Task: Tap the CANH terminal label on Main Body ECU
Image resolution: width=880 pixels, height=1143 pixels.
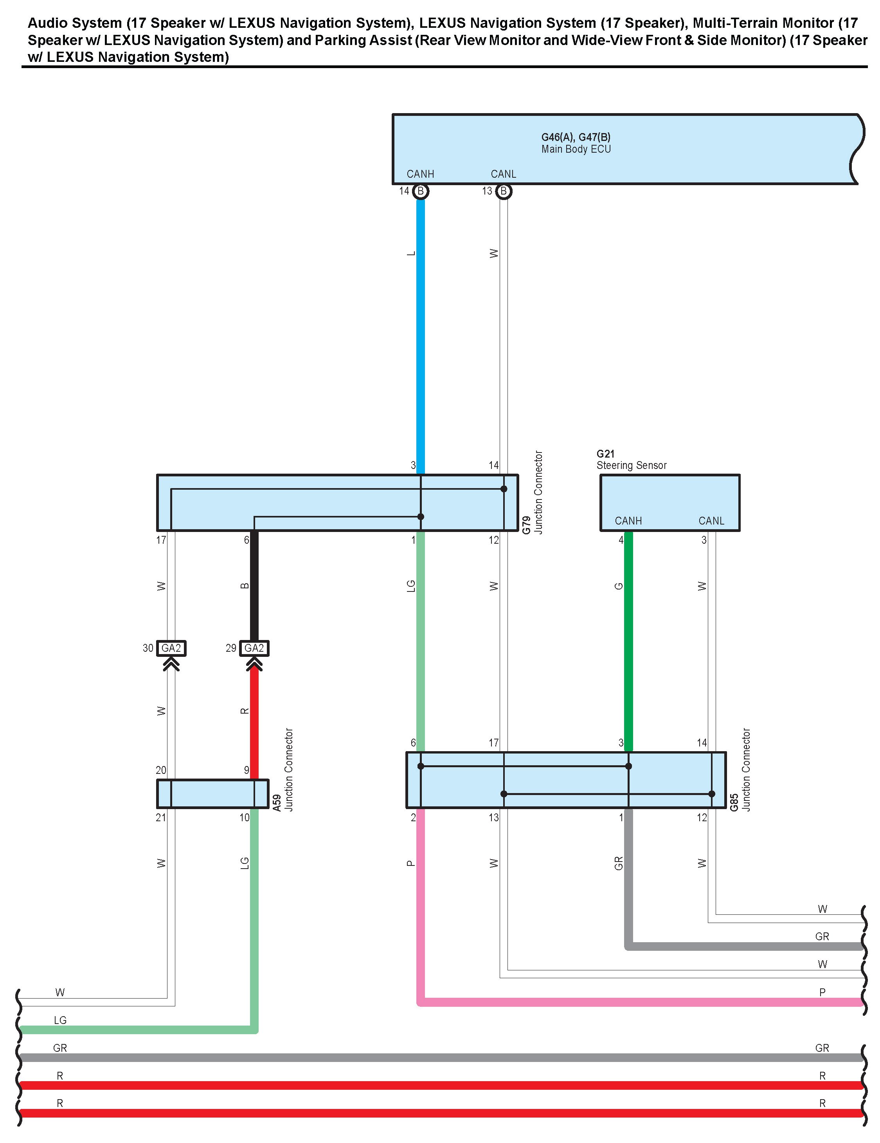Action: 420,174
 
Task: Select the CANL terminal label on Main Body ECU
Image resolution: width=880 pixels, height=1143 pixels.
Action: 503,174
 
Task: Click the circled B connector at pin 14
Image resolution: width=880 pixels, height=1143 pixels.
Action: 420,191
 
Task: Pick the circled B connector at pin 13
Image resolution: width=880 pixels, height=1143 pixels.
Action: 503,191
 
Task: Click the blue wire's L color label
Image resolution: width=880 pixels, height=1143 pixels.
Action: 411,253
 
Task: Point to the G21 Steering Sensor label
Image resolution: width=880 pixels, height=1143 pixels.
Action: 632,460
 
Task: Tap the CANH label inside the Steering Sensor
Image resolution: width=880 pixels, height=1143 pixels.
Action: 628,521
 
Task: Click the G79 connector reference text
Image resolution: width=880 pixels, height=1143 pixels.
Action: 527,525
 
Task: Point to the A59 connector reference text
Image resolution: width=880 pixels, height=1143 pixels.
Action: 277,802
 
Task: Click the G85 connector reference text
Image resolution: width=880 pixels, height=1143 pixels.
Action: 734,802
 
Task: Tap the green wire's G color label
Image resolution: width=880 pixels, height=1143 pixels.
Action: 618,586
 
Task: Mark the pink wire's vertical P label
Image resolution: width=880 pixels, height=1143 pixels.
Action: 411,863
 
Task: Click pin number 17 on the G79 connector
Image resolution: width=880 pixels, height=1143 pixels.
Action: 161,539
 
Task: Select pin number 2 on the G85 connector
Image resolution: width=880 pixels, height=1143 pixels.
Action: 413,817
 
